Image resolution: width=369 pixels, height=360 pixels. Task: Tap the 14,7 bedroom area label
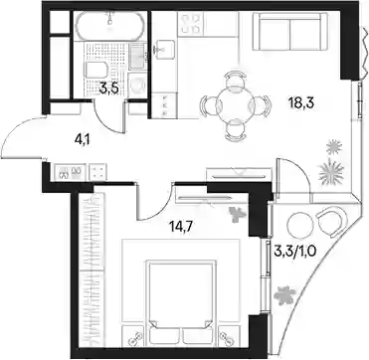(181, 228)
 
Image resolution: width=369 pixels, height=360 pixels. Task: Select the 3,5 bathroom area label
(108, 89)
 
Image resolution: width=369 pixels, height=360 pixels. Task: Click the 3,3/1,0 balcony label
(296, 249)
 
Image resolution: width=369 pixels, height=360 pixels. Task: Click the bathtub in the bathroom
(109, 25)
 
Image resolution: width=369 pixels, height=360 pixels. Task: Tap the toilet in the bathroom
(96, 70)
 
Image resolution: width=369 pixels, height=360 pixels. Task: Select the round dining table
(235, 105)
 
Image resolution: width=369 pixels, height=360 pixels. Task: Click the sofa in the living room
(290, 32)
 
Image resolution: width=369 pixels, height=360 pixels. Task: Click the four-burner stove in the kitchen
(190, 24)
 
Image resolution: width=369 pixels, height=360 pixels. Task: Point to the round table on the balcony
(300, 225)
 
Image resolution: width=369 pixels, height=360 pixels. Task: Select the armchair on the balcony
(330, 221)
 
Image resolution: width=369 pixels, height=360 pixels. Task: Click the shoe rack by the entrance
(70, 172)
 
